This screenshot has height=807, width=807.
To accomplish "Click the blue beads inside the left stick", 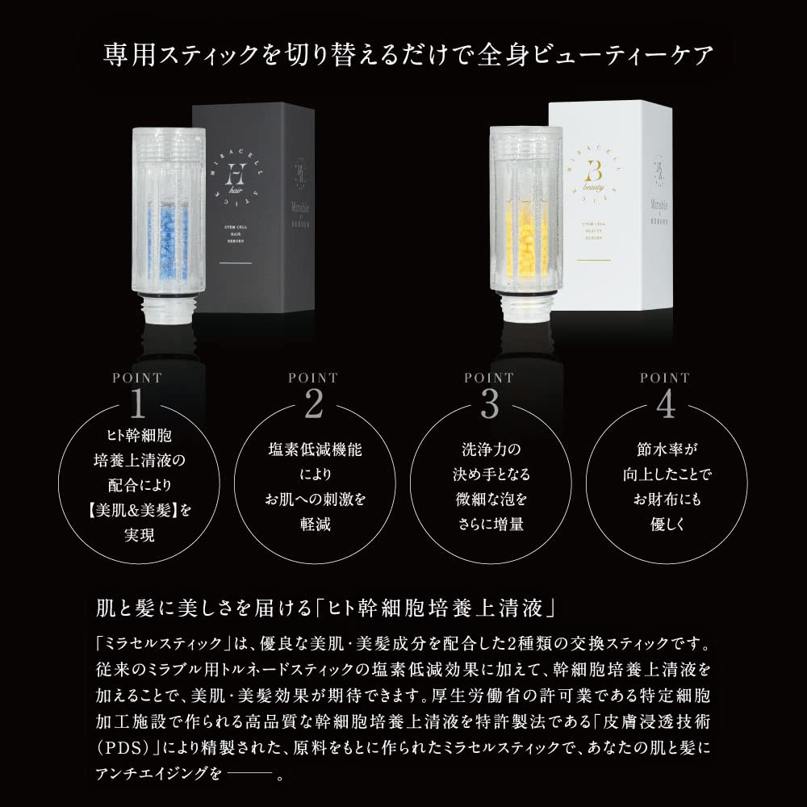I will tap(167, 239).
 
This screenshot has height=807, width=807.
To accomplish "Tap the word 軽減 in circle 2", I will tap(314, 525).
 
